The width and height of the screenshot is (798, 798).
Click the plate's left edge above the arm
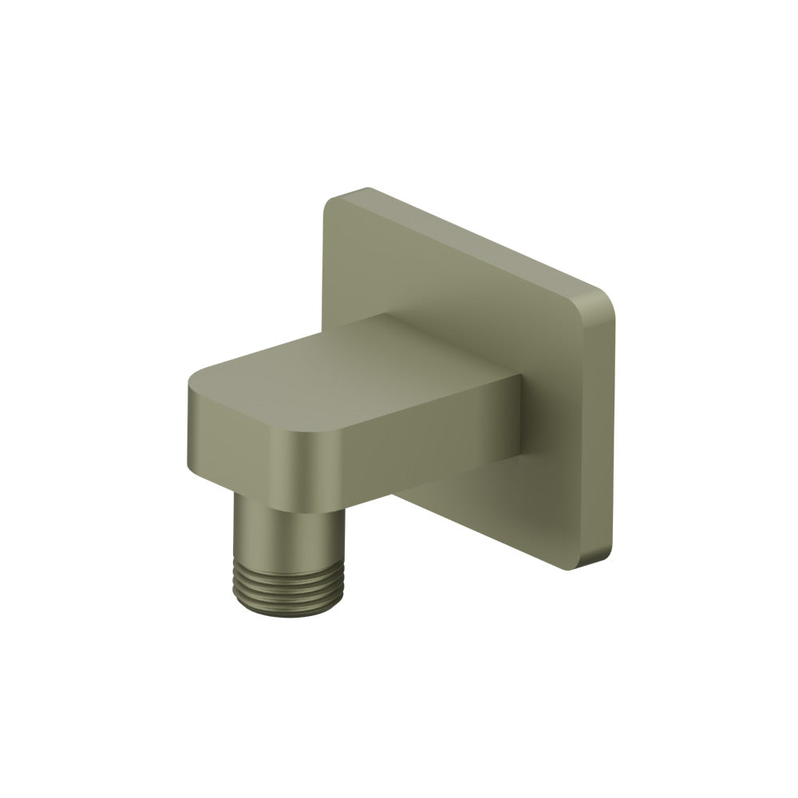pos(325,263)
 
